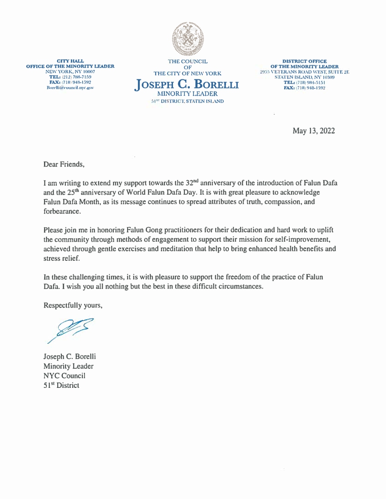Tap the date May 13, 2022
[314, 131]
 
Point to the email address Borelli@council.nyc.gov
[70, 88]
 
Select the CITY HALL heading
[70, 61]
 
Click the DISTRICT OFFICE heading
[304, 61]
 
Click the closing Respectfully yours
[73, 305]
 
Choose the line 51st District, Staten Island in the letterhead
[187, 101]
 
